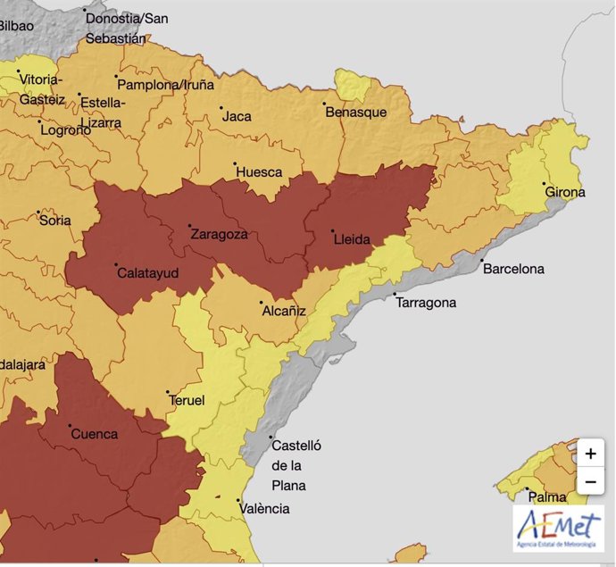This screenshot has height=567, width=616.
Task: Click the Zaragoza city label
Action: pyautogui.click(x=219, y=235)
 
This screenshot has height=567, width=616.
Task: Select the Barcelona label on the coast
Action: pyautogui.click(x=512, y=269)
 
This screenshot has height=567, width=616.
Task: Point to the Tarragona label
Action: pyautogui.click(x=426, y=303)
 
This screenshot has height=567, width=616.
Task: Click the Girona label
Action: pyautogui.click(x=565, y=192)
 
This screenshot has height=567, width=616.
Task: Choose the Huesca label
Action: pyautogui.click(x=259, y=171)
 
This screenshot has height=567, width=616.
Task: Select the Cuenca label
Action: pyautogui.click(x=94, y=434)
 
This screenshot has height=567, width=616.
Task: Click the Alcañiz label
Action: pyautogui.click(x=284, y=311)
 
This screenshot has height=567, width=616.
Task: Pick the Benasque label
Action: pyautogui.click(x=355, y=113)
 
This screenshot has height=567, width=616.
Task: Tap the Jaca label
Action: pyautogui.click(x=237, y=116)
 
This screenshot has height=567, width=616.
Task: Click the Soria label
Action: pyautogui.click(x=55, y=220)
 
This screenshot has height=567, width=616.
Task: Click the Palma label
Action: pyautogui.click(x=547, y=496)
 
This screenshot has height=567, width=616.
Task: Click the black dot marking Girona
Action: pyautogui.click(x=545, y=184)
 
